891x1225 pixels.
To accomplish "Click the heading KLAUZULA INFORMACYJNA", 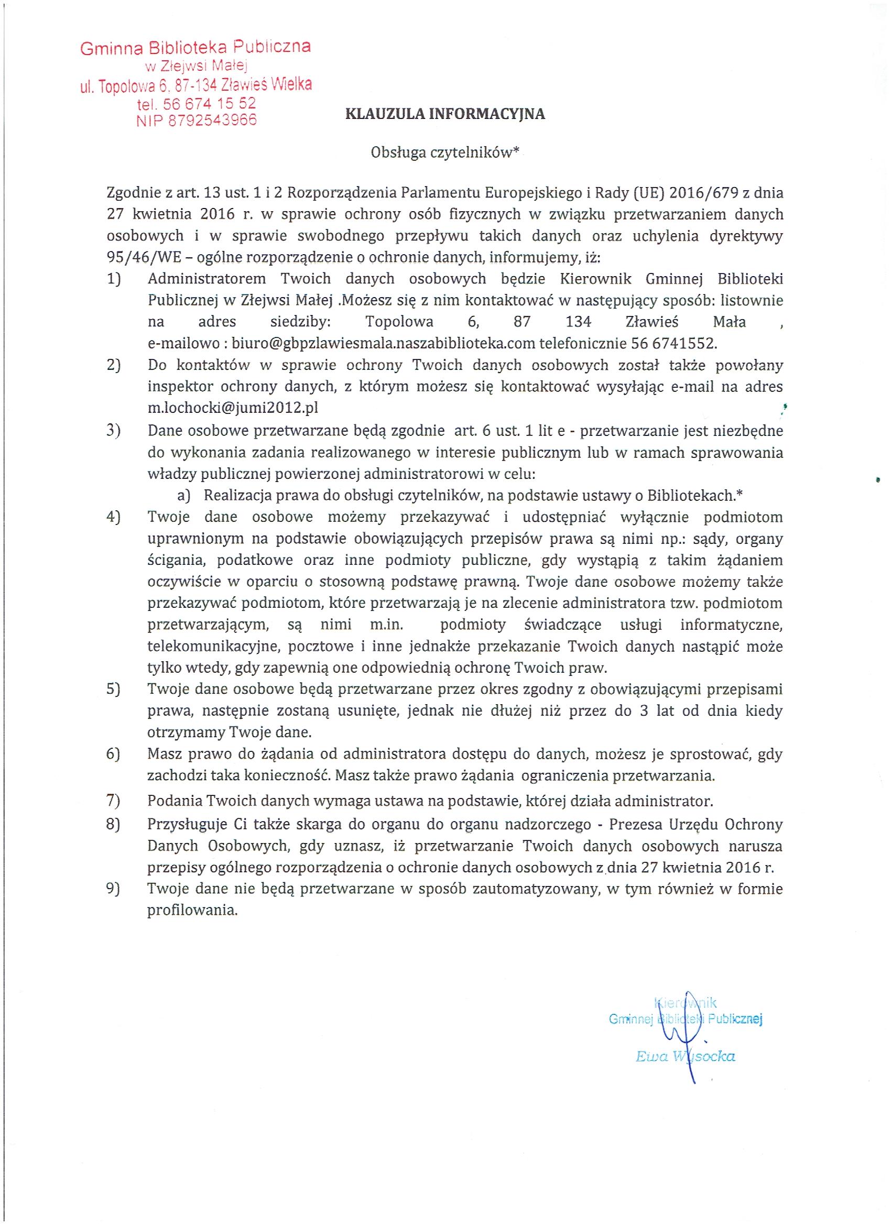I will point(444,114).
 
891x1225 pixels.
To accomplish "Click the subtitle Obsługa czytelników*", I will point(444,152).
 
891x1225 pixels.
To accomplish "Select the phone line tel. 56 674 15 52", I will point(196,103).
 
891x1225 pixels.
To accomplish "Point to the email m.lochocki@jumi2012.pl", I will point(232,408).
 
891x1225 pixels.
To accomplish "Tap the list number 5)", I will point(113,690).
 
